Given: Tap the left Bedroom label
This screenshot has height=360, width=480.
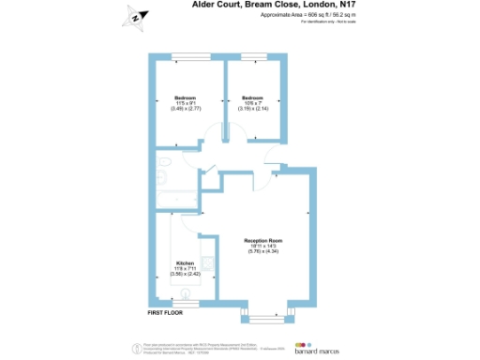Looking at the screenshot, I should click(185, 97).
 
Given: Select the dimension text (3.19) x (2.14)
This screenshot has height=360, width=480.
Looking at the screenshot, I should click(254, 109).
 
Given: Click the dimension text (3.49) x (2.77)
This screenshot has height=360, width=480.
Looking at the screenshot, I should click(185, 109).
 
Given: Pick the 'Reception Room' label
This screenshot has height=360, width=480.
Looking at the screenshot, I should click(262, 240).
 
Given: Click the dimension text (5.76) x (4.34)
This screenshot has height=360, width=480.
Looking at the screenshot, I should click(262, 251).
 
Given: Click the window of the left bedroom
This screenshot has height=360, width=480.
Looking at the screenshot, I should click(187, 56).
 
